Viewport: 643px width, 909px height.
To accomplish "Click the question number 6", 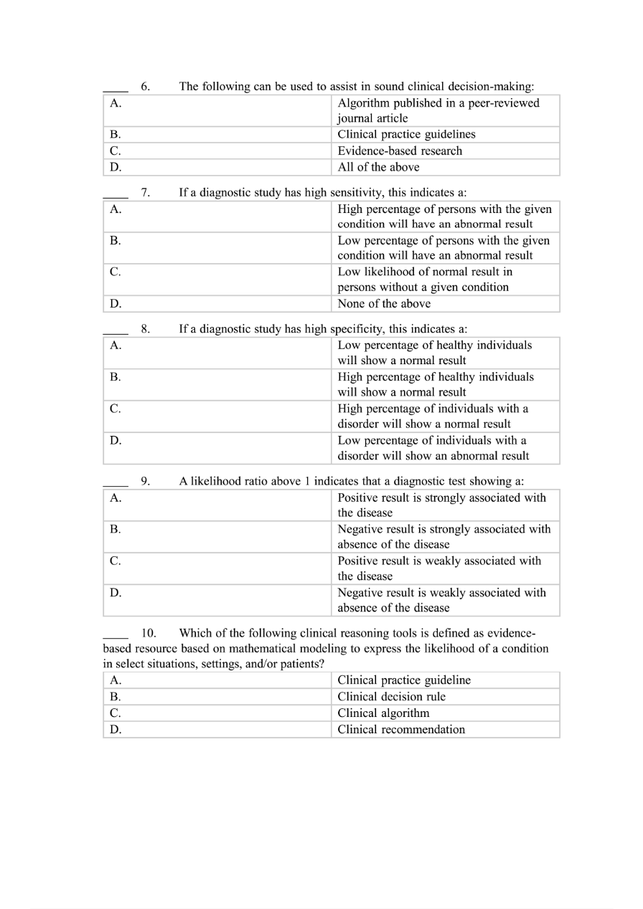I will [x=145, y=87].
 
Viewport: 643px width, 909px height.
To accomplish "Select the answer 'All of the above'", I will [x=378, y=167].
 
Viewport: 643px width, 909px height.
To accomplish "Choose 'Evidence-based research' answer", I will [x=400, y=151].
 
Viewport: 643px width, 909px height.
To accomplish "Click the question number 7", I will [x=145, y=192].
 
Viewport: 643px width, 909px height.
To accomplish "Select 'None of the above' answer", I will [x=384, y=303].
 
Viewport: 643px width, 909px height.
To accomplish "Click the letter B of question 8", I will [x=115, y=376].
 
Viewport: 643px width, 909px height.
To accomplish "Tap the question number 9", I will [x=145, y=481].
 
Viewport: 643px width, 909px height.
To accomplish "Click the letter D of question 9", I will [x=116, y=593].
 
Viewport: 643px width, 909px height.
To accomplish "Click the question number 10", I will [x=149, y=633].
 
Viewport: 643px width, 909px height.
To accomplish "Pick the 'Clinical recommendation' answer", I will [x=401, y=730].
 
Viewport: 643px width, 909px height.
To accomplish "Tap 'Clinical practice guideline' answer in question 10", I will [x=404, y=680].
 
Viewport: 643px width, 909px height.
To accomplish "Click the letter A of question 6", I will [x=115, y=103].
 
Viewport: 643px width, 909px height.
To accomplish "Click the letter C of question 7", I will [x=115, y=272].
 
